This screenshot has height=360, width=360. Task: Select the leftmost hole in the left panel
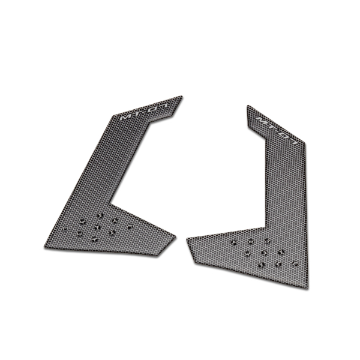tap(65, 230)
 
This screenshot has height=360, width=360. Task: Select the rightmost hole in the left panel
tap(130, 226)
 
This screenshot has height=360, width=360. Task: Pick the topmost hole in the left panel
tap(99, 213)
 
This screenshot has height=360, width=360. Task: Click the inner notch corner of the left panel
tap(112, 203)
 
